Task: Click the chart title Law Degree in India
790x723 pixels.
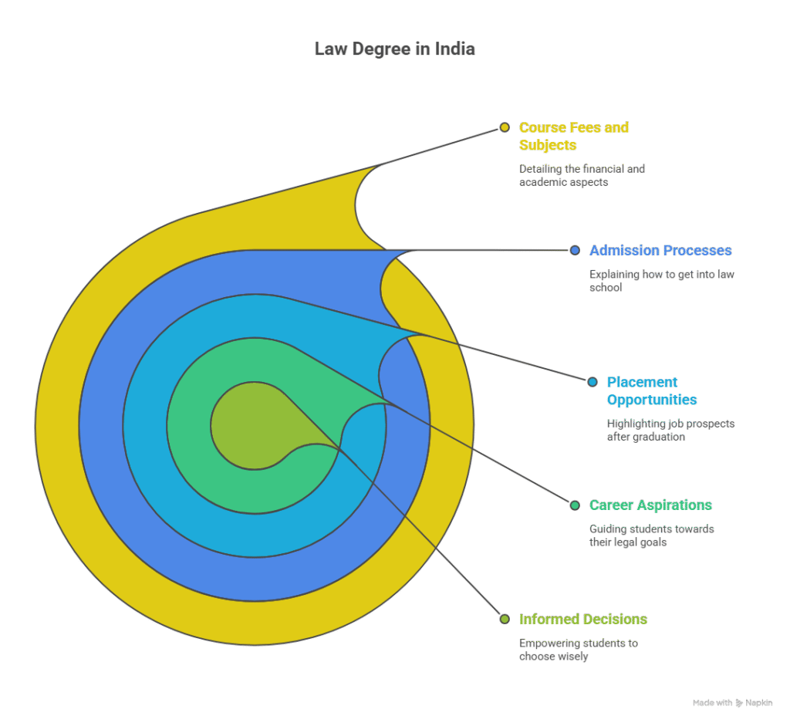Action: click(394, 49)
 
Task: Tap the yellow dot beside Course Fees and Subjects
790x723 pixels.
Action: click(505, 127)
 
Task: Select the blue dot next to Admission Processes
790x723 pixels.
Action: click(575, 250)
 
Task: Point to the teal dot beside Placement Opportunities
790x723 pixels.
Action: click(592, 382)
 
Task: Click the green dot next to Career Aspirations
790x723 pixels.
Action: click(575, 505)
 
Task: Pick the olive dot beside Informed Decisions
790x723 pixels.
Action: click(505, 619)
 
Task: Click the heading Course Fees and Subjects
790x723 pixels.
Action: click(574, 136)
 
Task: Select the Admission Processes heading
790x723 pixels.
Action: click(660, 251)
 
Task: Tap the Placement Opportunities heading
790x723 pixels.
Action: click(652, 390)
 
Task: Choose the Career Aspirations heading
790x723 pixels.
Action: click(650, 505)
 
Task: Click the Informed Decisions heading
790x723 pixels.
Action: click(583, 620)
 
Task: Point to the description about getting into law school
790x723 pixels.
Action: click(662, 280)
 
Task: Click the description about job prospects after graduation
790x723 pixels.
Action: click(670, 430)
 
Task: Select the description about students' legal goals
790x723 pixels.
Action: click(652, 535)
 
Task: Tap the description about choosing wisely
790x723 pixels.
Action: click(579, 650)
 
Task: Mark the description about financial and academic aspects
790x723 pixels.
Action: click(582, 175)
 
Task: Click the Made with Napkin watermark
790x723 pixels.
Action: click(732, 703)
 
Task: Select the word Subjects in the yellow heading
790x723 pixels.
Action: click(548, 145)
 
